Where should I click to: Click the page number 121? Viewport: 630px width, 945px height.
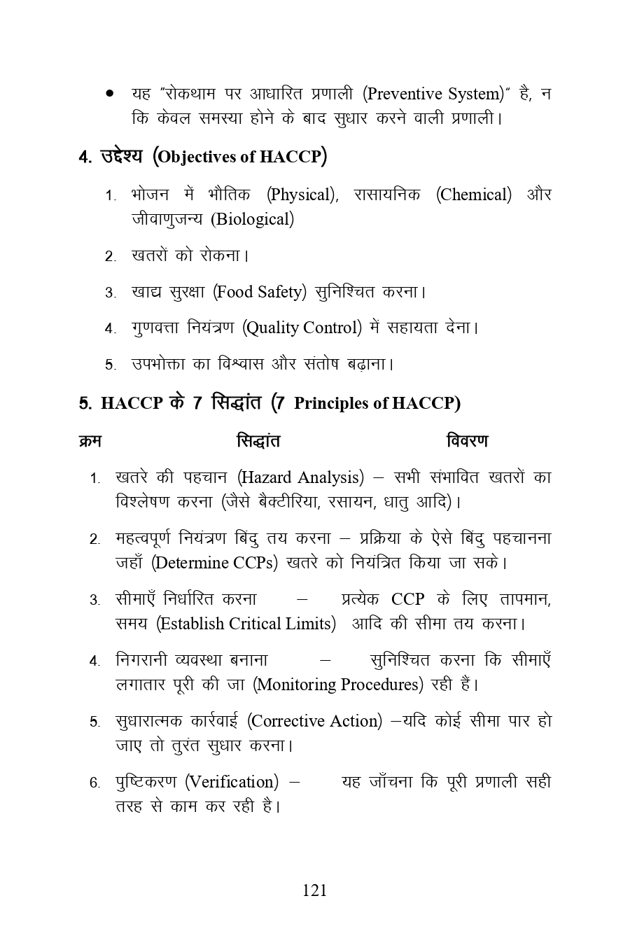(314, 890)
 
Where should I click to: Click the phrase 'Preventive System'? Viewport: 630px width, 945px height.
(434, 94)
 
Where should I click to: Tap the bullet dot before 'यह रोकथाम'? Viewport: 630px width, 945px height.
(110, 93)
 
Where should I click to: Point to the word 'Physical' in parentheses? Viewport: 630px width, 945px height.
(301, 195)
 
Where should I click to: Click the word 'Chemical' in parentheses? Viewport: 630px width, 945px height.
(474, 195)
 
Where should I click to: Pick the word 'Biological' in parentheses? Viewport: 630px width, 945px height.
(252, 219)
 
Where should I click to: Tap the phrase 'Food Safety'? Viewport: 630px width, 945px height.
(259, 292)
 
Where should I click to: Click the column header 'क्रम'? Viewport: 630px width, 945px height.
(90, 441)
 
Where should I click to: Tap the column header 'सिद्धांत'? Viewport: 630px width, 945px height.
(258, 441)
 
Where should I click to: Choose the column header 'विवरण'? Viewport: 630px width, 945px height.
(467, 441)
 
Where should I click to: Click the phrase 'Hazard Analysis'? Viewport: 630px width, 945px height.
(301, 477)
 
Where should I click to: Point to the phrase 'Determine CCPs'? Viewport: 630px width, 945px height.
(214, 563)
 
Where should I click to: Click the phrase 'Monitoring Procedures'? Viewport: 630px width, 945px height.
(339, 685)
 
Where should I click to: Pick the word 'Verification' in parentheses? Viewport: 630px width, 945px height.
(232, 782)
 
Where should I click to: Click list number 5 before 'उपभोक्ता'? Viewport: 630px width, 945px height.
(110, 365)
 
